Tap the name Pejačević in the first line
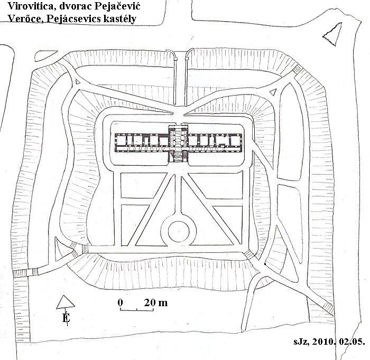coord(117,6)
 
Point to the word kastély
coord(119,19)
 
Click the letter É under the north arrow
coord(66,318)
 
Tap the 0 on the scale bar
coord(121,302)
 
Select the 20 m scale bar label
coord(156,302)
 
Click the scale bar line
coord(137,310)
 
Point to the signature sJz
coord(301,342)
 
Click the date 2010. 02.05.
coord(339,342)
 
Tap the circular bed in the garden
coord(179,232)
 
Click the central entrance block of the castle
coord(178,143)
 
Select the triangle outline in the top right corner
coord(332,34)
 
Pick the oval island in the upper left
coord(46,56)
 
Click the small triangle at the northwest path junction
coord(77,81)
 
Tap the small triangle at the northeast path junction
coord(273,92)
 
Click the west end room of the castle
coord(121,140)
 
